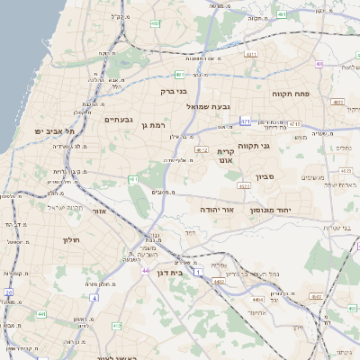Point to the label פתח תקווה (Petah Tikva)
tap(289, 92)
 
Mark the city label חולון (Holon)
tap(73, 240)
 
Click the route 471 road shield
tap(246, 121)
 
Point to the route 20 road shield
tap(8, 292)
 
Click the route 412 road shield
tap(202, 149)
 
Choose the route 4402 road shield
tap(218, 282)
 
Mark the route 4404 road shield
tap(258, 298)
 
